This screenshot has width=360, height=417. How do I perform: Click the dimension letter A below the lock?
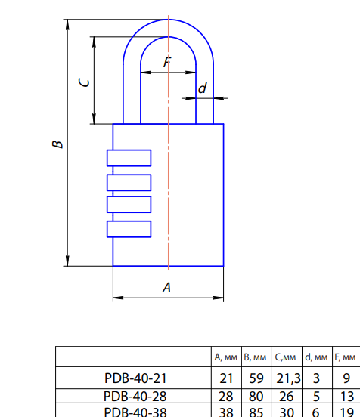pos(167,287)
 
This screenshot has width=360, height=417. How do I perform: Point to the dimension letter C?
pos(85,82)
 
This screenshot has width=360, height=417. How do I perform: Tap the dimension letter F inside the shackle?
pos(167,63)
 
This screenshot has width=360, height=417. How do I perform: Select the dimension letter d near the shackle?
pos(202,89)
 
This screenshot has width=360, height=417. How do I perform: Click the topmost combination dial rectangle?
pos(129,158)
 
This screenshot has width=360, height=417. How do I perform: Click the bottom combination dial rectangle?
pos(129,229)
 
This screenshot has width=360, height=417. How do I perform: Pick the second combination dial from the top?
pos(129,182)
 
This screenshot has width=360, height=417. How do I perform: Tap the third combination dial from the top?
pos(129,205)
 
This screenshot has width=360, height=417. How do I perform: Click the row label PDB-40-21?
pos(135,378)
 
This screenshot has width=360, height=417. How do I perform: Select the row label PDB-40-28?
pos(135,396)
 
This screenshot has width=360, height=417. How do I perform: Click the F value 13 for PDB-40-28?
pos(346,396)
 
